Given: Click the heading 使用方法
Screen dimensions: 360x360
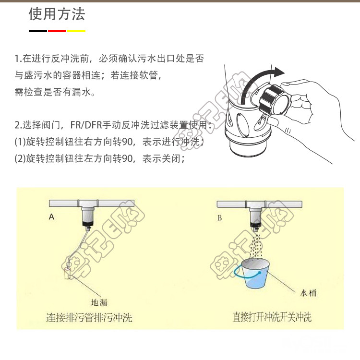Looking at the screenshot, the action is [x=57, y=14].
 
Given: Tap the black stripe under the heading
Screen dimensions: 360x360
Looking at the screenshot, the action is [x=38, y=31].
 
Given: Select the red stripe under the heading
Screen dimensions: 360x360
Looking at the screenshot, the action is [x=57, y=31].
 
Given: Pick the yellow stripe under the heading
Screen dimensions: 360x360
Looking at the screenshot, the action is [x=76, y=31].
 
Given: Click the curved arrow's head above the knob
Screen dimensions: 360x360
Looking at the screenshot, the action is [x=278, y=72].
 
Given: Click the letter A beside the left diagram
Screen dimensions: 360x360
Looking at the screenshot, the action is [x=52, y=217].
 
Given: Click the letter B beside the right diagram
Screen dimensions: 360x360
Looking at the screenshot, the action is [x=220, y=217].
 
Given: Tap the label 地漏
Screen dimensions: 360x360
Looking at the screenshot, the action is [x=99, y=302].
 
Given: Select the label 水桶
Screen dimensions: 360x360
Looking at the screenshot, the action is [x=308, y=293].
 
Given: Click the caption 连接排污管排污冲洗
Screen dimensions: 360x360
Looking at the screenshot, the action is [x=89, y=318].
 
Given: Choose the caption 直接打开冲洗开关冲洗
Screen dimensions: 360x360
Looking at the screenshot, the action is [x=272, y=317].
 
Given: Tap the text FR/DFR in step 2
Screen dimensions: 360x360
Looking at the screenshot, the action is [x=86, y=125].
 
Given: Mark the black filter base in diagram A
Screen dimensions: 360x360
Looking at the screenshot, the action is [x=88, y=222].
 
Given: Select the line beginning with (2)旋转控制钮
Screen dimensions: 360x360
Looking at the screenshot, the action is [x=100, y=158].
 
